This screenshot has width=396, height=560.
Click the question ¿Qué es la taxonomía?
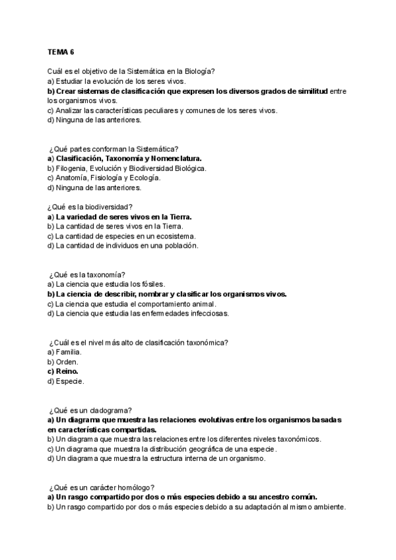coord(88,275)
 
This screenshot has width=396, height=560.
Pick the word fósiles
coord(139,284)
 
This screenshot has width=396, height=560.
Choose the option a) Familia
coord(64,352)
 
